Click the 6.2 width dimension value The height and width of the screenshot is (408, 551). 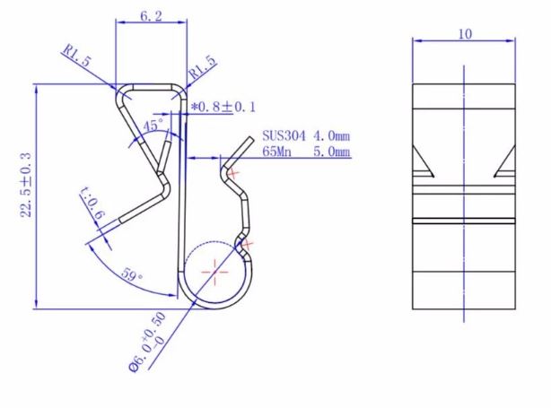pyautogui.click(x=150, y=16)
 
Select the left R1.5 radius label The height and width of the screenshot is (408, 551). pyautogui.click(x=77, y=55)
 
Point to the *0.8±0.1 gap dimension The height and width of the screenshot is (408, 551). pyautogui.click(x=224, y=107)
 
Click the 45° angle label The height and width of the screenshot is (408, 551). pyautogui.click(x=155, y=126)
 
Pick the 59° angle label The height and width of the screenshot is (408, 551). pyautogui.click(x=131, y=277)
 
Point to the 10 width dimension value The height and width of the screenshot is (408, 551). pyautogui.click(x=464, y=34)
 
